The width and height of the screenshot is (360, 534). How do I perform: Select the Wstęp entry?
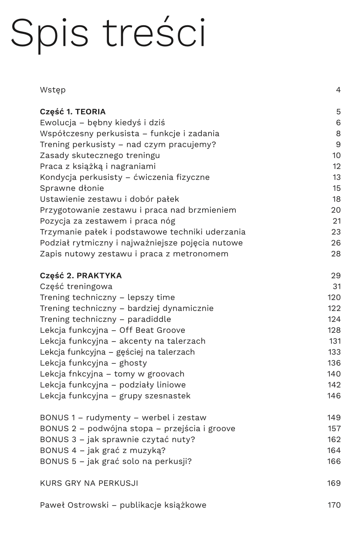tap(53, 90)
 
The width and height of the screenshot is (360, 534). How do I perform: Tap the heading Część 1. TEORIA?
tap(72, 112)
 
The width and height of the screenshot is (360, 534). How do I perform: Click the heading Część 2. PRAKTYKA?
tap(81, 276)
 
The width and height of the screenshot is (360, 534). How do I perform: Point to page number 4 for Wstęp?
tap(338, 90)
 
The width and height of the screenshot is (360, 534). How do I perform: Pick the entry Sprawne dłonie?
tap(72, 188)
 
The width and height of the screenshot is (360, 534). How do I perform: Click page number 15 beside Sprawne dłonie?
tap(336, 188)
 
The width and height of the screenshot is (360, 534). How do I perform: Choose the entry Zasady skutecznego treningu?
tap(100, 155)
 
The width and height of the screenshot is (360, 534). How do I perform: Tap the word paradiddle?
tap(149, 319)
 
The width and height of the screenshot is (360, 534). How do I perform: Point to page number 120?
tap(334, 297)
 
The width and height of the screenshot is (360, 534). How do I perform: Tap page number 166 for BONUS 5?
tap(334, 461)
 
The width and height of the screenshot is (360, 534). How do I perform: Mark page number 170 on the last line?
tap(334, 505)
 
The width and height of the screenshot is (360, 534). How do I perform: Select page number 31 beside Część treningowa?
tap(336, 287)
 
